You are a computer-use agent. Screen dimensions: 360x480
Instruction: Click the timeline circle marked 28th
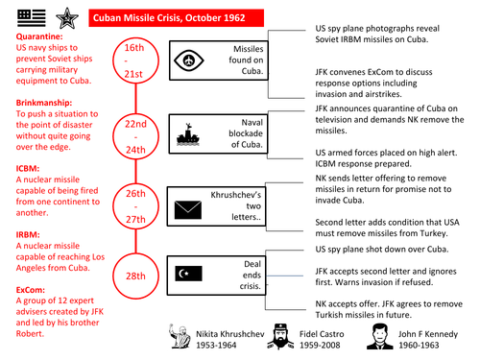(x=134, y=278)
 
